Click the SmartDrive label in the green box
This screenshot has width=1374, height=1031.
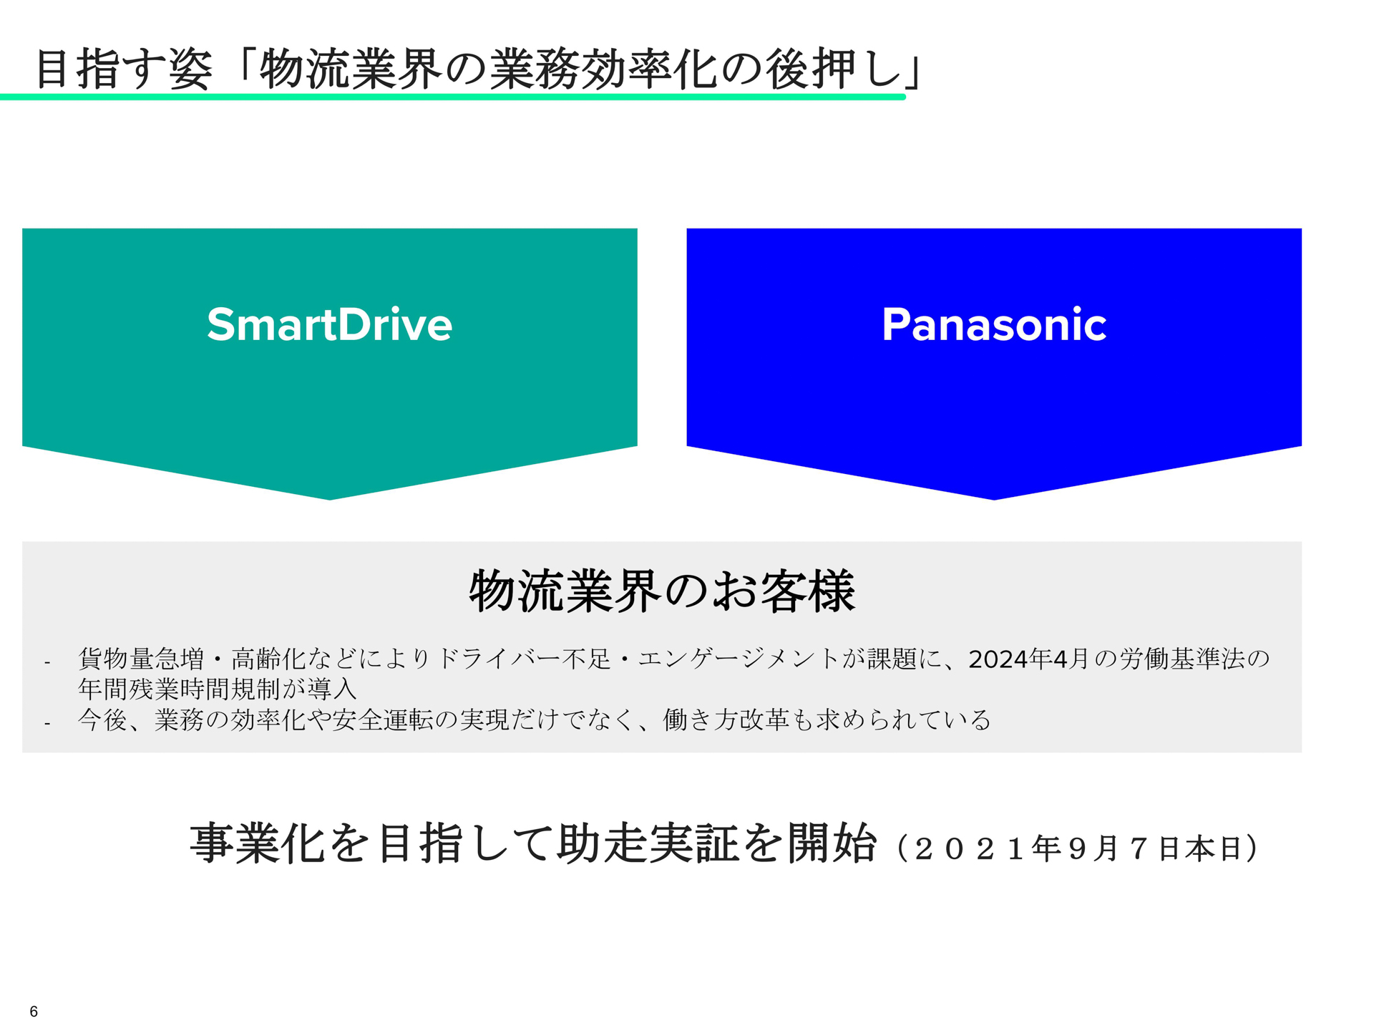point(329,324)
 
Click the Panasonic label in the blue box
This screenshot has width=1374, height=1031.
point(993,324)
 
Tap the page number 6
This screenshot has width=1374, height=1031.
point(34,1011)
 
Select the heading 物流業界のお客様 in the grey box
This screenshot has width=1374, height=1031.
point(662,591)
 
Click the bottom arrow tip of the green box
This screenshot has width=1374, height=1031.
point(329,497)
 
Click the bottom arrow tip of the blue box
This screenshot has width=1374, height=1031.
point(993,497)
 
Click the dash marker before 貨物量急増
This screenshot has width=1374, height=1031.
point(47,663)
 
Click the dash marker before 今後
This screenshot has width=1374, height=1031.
point(47,724)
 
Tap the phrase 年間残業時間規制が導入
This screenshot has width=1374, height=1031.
point(217,689)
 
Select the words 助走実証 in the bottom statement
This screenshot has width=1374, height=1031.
point(648,843)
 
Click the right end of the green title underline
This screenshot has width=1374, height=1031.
point(902,97)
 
